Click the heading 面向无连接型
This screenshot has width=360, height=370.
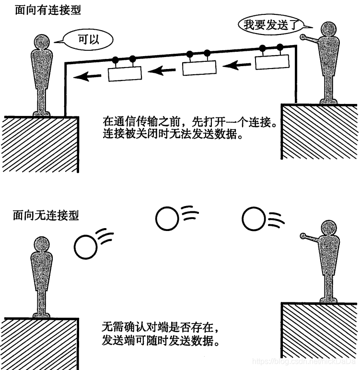(x=46, y=215)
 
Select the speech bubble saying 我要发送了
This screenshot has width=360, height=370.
(x=266, y=24)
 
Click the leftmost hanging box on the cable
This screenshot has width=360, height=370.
(x=125, y=73)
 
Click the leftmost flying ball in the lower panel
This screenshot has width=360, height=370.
(x=86, y=246)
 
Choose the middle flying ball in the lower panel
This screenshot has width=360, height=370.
(x=167, y=218)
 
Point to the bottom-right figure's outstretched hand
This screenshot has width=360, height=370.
(x=303, y=235)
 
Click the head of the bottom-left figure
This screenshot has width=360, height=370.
(x=41, y=246)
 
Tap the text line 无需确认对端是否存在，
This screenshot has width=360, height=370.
(x=162, y=329)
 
